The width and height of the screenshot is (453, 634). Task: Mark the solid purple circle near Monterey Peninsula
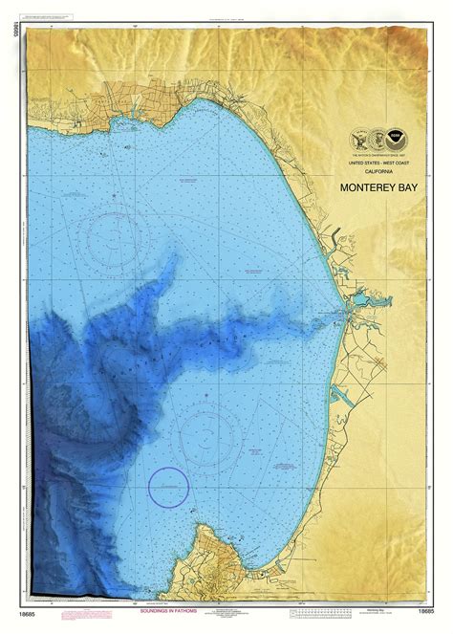(x=168, y=489)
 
